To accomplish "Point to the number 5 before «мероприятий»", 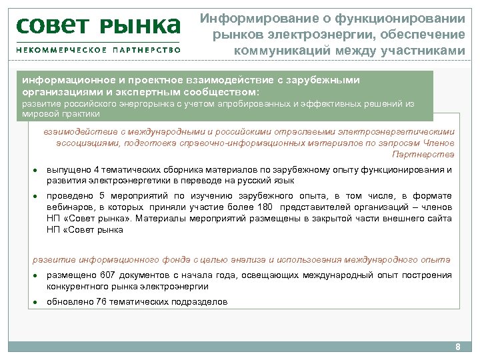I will click(x=102, y=196).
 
